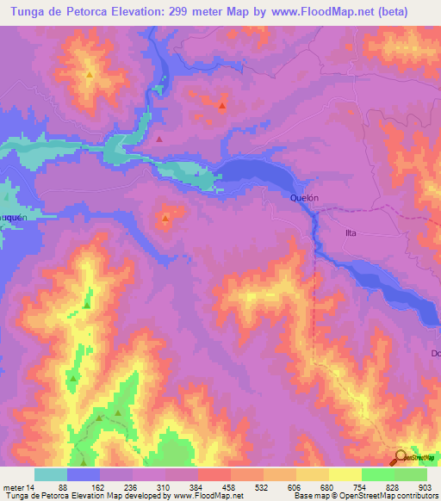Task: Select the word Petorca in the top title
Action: point(96,12)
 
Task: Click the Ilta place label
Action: point(351,232)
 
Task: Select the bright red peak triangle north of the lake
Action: point(222,107)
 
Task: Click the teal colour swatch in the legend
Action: point(51,474)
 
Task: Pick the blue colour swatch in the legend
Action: point(84,474)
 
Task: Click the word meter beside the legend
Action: point(13,486)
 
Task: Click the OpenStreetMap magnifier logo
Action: point(401,458)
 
